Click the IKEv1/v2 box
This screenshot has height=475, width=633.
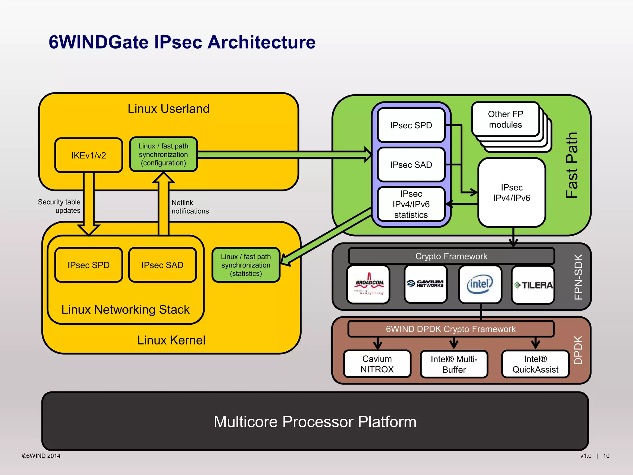(89, 155)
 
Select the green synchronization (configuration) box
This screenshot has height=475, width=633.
(163, 154)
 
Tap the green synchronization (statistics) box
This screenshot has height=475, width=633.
(246, 265)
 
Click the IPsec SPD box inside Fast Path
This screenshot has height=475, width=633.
(411, 125)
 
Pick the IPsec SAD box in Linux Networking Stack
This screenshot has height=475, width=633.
(162, 265)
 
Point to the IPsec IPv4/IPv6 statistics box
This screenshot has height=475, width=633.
(411, 204)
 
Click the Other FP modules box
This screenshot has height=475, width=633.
(505, 119)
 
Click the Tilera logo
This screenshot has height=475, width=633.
(533, 285)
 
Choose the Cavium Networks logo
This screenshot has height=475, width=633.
(426, 284)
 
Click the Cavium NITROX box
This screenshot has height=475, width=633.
(377, 364)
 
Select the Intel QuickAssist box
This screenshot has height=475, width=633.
(535, 364)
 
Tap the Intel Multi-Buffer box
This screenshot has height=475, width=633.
(454, 364)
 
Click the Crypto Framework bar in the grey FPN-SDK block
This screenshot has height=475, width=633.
(451, 256)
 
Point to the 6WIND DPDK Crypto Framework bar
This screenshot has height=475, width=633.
(451, 329)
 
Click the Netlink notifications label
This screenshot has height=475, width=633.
(190, 207)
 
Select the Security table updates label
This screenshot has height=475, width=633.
(59, 206)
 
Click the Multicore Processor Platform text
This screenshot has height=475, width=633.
(315, 422)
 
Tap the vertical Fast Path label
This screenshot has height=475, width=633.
(572, 165)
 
